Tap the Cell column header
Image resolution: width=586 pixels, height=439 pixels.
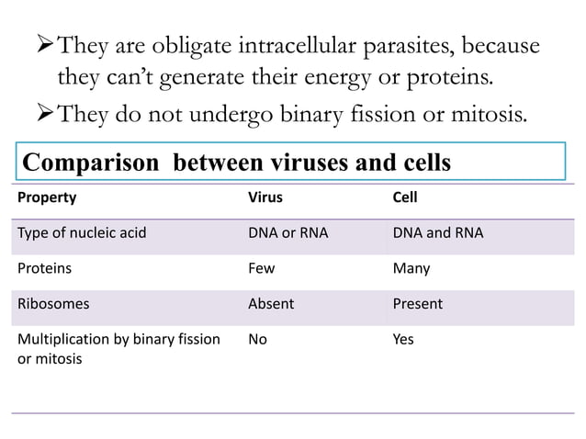(403, 197)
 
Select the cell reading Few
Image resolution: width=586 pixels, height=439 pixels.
(263, 268)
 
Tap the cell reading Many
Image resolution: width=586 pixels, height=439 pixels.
(411, 268)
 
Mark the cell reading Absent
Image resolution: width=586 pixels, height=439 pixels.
(271, 303)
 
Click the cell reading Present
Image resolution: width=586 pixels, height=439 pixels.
(417, 303)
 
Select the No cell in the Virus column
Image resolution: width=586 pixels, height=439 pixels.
(258, 339)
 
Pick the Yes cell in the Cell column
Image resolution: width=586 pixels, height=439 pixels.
(403, 339)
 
